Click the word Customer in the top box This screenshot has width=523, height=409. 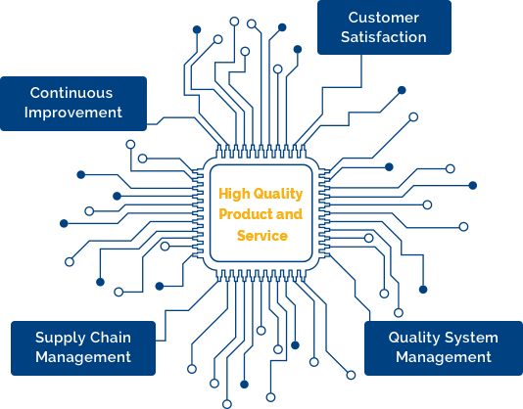coord(384,18)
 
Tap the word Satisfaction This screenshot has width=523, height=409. coord(384,37)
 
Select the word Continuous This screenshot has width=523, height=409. coord(71,93)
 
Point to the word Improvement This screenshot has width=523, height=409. coord(73,113)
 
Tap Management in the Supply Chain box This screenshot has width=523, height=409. coord(83,358)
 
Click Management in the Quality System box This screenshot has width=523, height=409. coord(444,358)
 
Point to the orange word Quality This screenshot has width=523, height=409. coord(278,195)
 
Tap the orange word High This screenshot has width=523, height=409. coord(234,194)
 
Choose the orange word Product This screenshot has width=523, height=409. coord(246,214)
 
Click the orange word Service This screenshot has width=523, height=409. coord(262,236)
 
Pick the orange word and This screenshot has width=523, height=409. coord(290,214)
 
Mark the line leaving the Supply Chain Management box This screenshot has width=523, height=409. coord(188,311)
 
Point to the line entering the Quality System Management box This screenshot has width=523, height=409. coord(355,288)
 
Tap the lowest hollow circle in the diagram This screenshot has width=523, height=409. coord(227,404)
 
